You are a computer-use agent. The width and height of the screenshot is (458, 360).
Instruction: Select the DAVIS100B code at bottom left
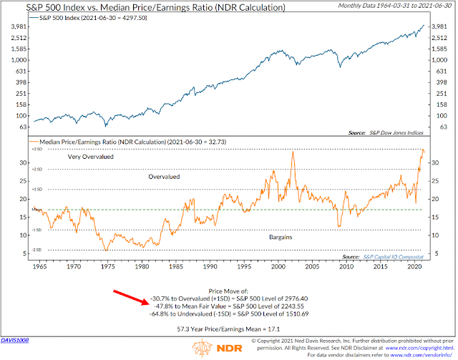tap(16, 341)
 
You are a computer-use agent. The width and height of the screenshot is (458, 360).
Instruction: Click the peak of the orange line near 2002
tap(293, 152)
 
